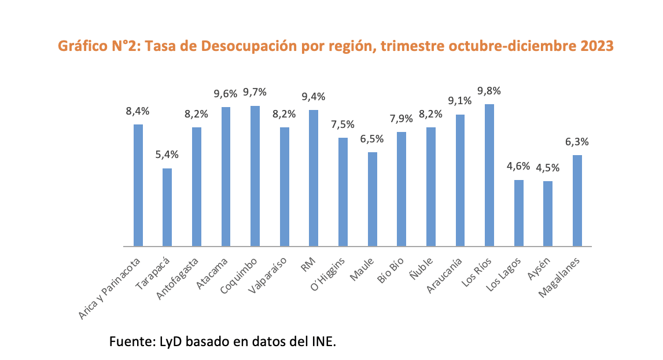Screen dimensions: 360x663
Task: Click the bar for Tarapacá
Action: coord(167,207)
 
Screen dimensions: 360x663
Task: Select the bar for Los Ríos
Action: coord(489,175)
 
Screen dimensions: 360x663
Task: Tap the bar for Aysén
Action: coord(548,214)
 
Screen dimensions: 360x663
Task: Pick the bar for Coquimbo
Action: coord(255,176)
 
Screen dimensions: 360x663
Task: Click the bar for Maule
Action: coord(373,199)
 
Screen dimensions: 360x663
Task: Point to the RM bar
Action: coord(314,178)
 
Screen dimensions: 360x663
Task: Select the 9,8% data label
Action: coord(489,91)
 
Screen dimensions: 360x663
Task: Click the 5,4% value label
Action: coord(167,155)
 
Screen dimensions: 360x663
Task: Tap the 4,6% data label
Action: coord(518,167)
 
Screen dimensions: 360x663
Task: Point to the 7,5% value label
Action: coord(343,124)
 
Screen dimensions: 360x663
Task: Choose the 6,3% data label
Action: coord(577,142)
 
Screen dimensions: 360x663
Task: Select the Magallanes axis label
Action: coord(560,278)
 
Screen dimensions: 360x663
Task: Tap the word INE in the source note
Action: coord(323,341)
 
